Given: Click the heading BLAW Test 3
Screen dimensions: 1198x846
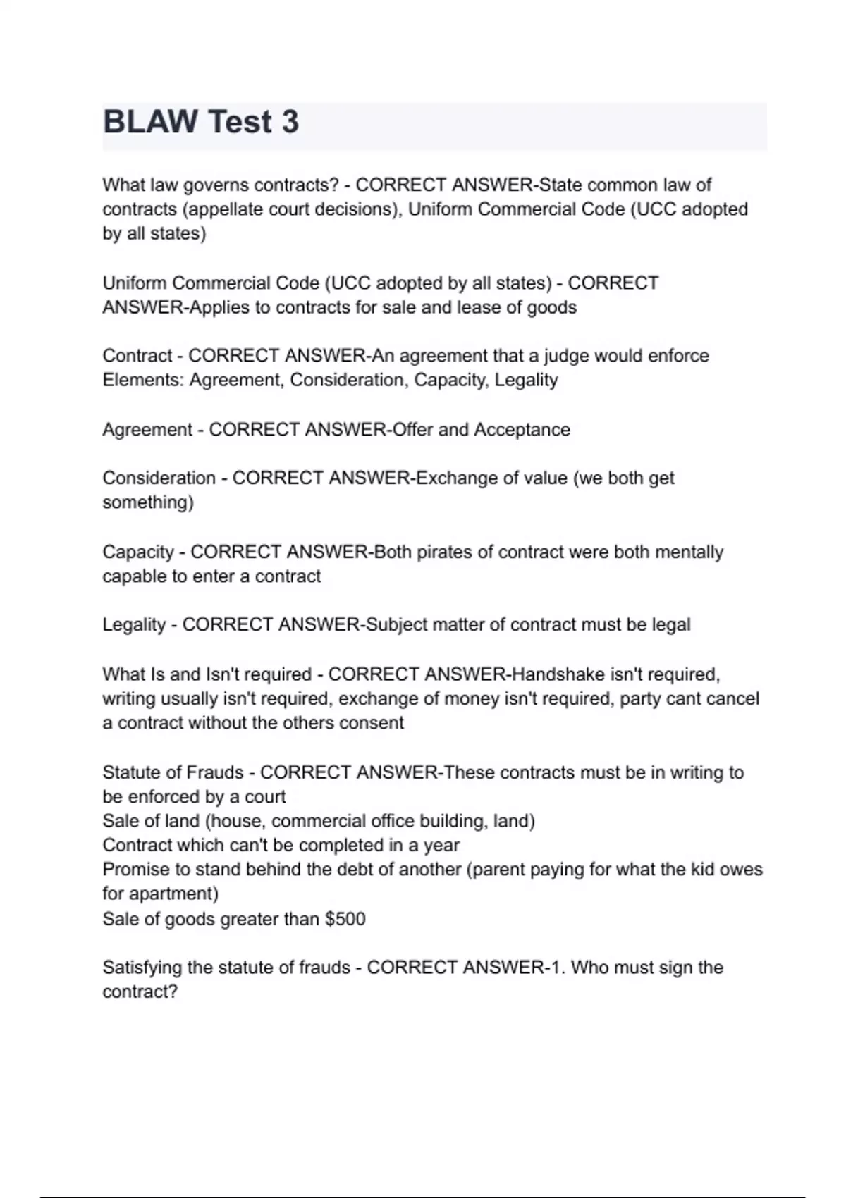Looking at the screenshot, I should coord(201,122).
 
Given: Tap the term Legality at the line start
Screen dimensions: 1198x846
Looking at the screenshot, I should coord(134,625).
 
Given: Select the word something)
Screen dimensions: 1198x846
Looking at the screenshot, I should coord(148,502).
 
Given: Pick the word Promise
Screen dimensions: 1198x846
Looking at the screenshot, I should coord(137,870).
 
